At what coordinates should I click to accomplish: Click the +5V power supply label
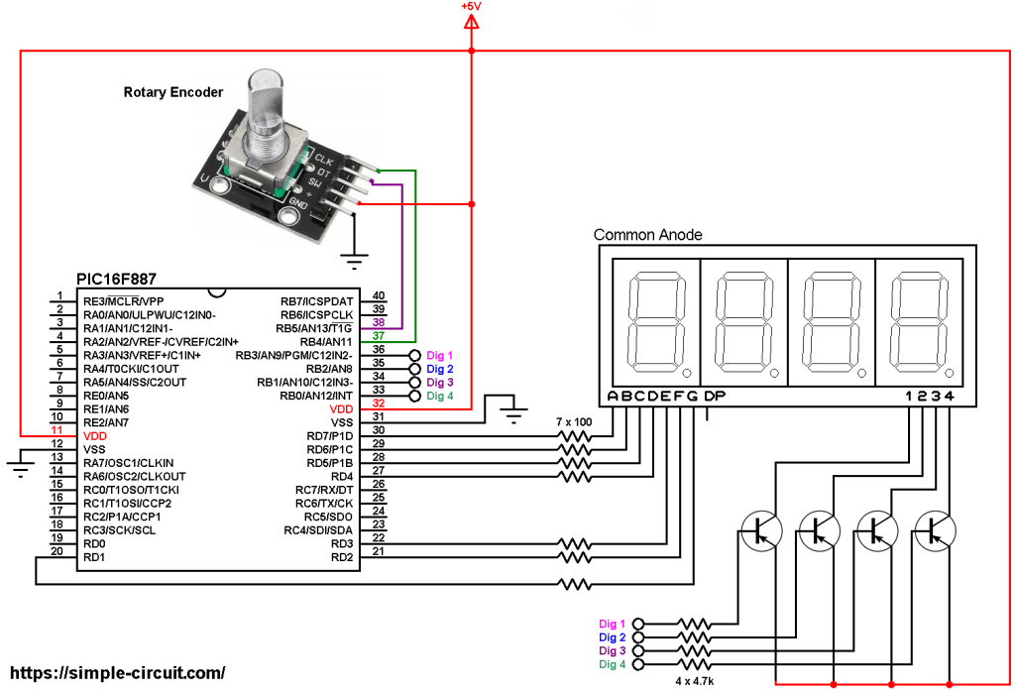pos(471,7)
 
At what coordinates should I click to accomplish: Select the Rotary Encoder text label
pos(172,92)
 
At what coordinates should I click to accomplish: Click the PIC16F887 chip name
pos(116,281)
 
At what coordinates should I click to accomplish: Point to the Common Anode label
pos(647,235)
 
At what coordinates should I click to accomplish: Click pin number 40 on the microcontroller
pos(378,295)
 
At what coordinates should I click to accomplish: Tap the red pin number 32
pos(378,404)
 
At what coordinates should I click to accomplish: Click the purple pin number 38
pos(378,322)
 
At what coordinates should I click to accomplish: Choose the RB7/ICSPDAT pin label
pos(316,301)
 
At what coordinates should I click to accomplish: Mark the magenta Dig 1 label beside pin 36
pos(440,355)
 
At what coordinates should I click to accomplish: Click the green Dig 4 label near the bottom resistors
pos(612,664)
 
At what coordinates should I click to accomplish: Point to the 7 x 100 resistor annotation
pos(574,421)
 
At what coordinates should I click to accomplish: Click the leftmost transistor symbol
pos(761,532)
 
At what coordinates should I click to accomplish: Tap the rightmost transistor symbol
pos(934,532)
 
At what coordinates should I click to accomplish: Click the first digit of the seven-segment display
pos(656,322)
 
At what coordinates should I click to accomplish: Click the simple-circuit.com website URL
pos(117,672)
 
